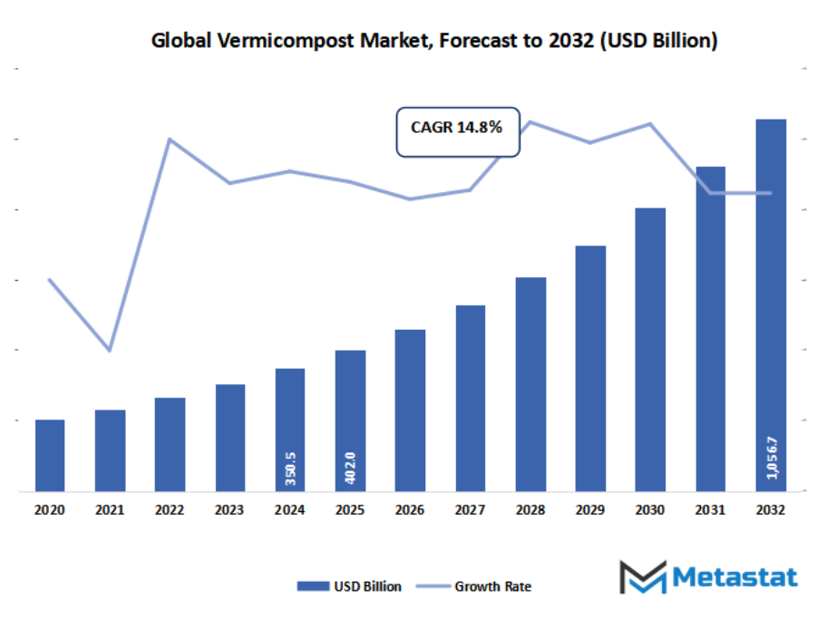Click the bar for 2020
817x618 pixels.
[x=50, y=455]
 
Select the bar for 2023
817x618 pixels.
[x=230, y=438]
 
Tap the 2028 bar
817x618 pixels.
[x=530, y=384]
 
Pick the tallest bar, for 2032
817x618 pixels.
[x=771, y=304]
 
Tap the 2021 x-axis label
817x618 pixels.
[x=110, y=511]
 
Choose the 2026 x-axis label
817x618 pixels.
[x=410, y=511]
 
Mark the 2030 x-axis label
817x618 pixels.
[x=650, y=511]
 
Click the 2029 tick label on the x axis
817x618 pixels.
[x=590, y=511]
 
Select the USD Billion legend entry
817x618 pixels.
[x=349, y=586]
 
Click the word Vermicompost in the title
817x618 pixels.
[x=272, y=41]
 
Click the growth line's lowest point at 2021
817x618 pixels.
[x=110, y=350]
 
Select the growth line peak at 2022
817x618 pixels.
[x=170, y=139]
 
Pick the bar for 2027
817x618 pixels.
[x=471, y=399]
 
